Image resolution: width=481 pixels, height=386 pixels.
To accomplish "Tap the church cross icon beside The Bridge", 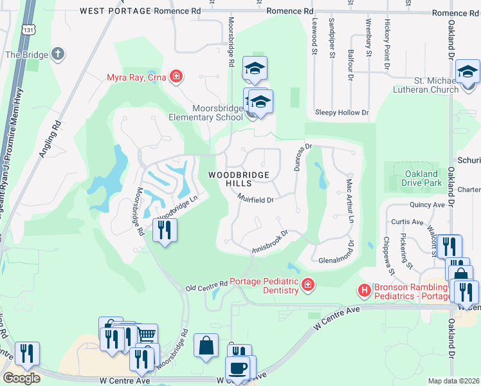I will click(x=57, y=55).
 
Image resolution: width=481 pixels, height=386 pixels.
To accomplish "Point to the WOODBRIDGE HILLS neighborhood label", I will click(x=236, y=179).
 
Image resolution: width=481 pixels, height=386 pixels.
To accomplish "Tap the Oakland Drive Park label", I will click(x=421, y=178).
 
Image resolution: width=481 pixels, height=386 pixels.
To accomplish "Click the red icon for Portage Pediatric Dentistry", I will click(x=308, y=284).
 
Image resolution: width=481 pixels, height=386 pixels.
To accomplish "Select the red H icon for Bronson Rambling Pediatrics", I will click(x=365, y=291).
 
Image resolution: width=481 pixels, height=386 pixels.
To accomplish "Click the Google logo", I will click(x=21, y=378).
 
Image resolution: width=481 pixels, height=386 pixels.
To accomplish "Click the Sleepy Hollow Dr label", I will click(x=341, y=112).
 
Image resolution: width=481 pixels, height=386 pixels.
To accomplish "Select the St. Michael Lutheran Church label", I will click(x=427, y=85).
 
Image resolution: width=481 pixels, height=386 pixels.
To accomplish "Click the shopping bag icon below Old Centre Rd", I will click(x=206, y=345).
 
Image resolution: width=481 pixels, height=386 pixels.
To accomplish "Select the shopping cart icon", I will click(x=147, y=335).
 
